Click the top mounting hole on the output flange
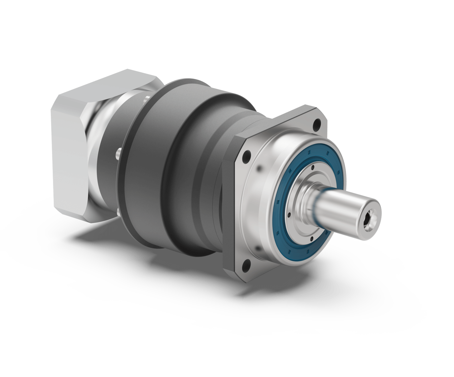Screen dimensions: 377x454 pos(319,123)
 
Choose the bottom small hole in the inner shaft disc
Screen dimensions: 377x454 pos(311,239)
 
